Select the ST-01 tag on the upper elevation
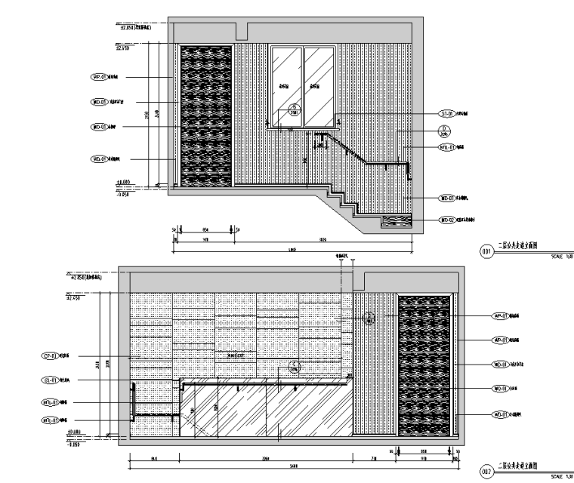coord(443,114)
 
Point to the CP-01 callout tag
coord(50,355)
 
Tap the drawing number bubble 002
coord(486,471)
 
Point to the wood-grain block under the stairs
coord(397,221)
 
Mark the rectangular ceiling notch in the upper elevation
coord(242,30)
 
